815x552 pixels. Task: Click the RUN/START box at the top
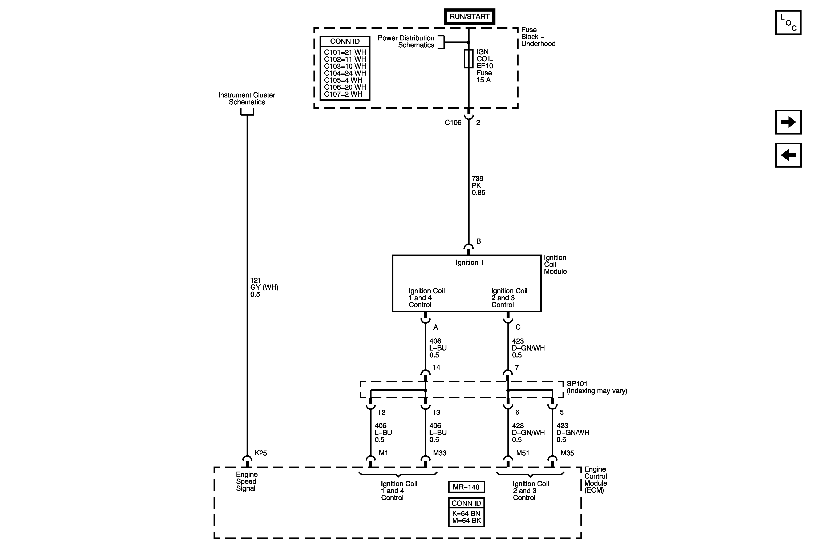tap(469, 16)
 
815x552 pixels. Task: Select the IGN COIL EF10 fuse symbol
tap(469, 59)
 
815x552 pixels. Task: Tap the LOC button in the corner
tap(788, 23)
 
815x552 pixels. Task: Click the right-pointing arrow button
tap(788, 122)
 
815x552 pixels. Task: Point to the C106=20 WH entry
tap(345, 87)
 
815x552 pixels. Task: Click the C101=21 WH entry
tap(345, 52)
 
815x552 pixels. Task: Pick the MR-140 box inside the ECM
tap(466, 487)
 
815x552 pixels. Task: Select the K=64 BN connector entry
tap(466, 513)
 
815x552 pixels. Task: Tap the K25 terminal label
tap(261, 453)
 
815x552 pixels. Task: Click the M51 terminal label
tap(523, 453)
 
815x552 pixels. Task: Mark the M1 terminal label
tap(383, 453)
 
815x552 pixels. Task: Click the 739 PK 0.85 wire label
tap(478, 185)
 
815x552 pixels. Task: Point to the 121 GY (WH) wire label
tap(264, 287)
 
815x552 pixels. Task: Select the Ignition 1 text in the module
tap(469, 263)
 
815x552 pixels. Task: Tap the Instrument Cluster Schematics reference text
tap(247, 99)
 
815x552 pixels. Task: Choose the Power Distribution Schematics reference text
tap(406, 41)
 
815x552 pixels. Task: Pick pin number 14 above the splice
tap(436, 367)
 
